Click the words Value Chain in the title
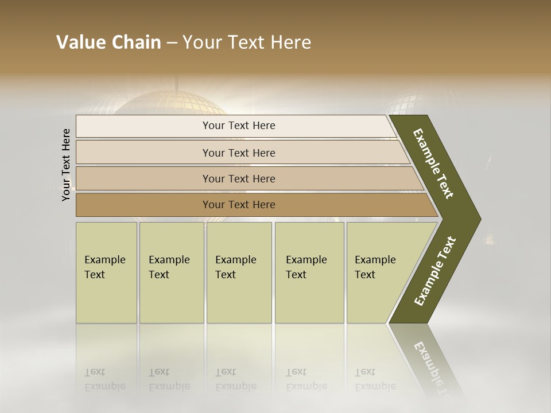click(108, 42)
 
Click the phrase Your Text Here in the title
click(247, 42)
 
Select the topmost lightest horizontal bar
click(235, 126)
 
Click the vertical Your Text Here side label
click(66, 165)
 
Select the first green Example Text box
click(106, 272)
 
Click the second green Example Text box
click(171, 272)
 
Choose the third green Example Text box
click(239, 272)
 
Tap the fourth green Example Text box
click(309, 272)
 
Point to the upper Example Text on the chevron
click(433, 163)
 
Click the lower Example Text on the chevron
click(435, 271)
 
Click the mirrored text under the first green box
click(105, 379)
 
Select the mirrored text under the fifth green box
click(375, 379)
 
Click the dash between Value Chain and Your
click(172, 43)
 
